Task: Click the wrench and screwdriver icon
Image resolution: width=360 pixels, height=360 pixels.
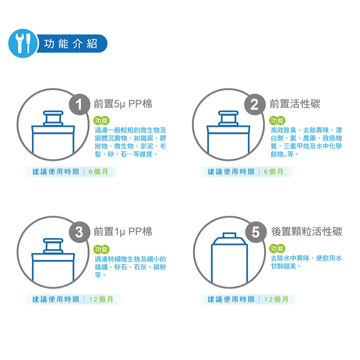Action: pyautogui.click(x=23, y=43)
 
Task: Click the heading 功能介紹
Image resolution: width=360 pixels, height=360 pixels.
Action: pyautogui.click(x=71, y=44)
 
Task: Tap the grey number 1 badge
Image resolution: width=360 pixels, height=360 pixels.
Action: pyautogui.click(x=79, y=104)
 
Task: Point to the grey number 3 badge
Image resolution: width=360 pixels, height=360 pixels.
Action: pyautogui.click(x=79, y=232)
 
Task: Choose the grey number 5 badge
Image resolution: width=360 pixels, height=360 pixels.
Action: pyautogui.click(x=256, y=232)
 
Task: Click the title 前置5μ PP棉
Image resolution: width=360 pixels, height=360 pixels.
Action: pyautogui.click(x=123, y=104)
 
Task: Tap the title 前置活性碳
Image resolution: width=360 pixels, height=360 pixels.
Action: pyautogui.click(x=295, y=104)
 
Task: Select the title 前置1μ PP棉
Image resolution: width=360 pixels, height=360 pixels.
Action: pyautogui.click(x=123, y=232)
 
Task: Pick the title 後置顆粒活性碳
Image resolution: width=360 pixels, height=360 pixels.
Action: pyautogui.click(x=307, y=232)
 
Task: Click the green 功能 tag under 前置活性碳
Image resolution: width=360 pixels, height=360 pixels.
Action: pyautogui.click(x=277, y=120)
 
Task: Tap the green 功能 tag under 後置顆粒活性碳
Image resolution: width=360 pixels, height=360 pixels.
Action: pyautogui.click(x=277, y=248)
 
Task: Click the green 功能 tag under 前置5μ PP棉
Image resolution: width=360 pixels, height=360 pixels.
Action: pyautogui.click(x=102, y=120)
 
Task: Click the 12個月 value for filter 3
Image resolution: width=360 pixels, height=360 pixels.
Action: pyautogui.click(x=101, y=299)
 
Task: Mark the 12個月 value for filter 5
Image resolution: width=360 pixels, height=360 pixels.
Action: pyautogui.click(x=276, y=299)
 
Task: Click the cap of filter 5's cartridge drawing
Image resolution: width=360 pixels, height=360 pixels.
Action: pyautogui.click(x=229, y=235)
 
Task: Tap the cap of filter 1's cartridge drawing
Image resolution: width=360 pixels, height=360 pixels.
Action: pyautogui.click(x=53, y=118)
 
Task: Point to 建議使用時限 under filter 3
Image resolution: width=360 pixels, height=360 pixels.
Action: pyautogui.click(x=56, y=299)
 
